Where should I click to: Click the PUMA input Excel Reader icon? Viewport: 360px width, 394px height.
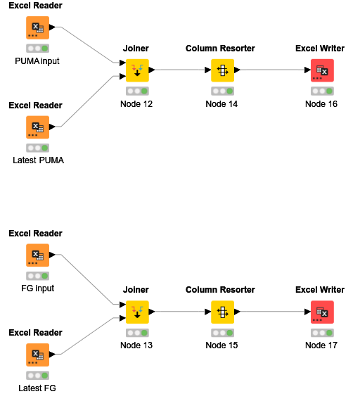(37, 29)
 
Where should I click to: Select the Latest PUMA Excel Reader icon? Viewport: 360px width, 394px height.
(37, 128)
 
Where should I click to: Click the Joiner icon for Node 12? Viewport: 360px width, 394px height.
(136, 70)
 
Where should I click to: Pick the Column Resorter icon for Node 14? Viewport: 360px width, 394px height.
(221, 70)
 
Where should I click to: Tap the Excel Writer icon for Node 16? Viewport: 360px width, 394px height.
(321, 70)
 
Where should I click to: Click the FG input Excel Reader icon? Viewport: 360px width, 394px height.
(37, 256)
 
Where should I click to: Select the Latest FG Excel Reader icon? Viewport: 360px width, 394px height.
(37, 355)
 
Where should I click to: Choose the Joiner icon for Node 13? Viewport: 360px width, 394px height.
(136, 312)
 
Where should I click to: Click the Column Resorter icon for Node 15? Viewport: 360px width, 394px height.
(221, 312)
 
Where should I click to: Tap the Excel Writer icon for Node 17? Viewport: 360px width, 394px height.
(321, 312)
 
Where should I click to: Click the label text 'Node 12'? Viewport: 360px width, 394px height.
(136, 104)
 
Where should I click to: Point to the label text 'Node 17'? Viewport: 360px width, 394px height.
(321, 345)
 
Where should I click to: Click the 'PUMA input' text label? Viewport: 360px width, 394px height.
(37, 61)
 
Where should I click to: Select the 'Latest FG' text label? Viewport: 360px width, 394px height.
(37, 388)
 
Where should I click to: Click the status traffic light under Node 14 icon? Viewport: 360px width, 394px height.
(221, 91)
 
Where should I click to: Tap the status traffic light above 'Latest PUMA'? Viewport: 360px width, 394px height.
(37, 148)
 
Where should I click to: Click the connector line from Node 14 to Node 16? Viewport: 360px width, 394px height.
(274, 70)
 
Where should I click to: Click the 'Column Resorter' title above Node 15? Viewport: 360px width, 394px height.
(220, 290)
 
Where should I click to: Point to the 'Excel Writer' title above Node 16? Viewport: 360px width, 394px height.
(320, 49)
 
